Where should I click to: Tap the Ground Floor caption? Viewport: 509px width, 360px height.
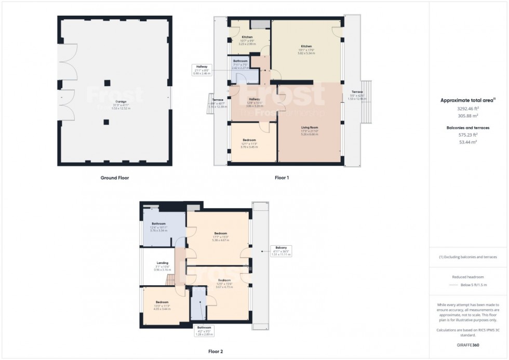pos(115,178)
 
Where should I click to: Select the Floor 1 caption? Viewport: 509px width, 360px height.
pos(282,178)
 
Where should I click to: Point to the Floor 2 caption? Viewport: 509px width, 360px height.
pos(215,352)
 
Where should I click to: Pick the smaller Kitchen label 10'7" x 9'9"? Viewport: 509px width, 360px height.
pos(247,37)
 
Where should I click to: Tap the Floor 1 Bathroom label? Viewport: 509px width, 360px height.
pos(240,61)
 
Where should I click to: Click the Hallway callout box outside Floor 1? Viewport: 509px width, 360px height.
pos(200,70)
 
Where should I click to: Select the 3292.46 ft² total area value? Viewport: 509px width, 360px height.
pos(468,109)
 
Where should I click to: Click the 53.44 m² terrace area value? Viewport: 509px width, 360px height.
pos(468,141)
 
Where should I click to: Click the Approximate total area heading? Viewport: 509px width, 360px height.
pos(468,100)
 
